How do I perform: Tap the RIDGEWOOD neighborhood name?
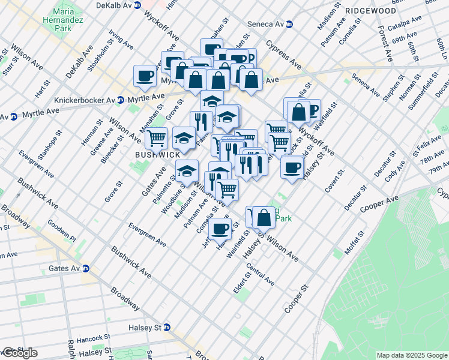click(x=371, y=11)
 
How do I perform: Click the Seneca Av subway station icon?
click(x=289, y=24)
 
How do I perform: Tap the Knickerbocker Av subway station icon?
click(x=121, y=99)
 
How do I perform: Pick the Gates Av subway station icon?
click(x=86, y=268)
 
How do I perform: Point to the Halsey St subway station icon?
click(x=167, y=328)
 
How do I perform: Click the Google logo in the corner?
click(x=20, y=353)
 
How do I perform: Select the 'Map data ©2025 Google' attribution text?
click(x=411, y=355)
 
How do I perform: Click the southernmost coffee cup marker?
click(x=220, y=228)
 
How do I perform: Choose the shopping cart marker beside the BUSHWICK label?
click(x=156, y=138)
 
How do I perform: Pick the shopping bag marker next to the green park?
click(x=264, y=218)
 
